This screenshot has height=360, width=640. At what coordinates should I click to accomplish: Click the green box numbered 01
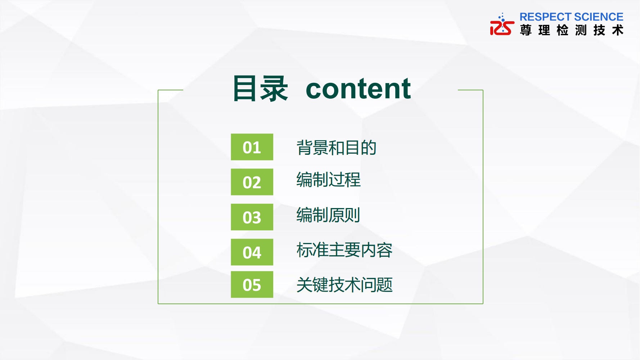click(x=252, y=147)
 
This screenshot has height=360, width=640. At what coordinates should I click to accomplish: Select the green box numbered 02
click(x=252, y=182)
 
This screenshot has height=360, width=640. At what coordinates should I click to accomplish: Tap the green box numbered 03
click(x=252, y=217)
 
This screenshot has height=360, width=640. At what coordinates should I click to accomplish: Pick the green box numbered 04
click(x=252, y=252)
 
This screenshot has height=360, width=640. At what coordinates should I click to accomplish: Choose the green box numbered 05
click(x=252, y=284)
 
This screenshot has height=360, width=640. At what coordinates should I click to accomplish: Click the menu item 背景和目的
click(x=337, y=148)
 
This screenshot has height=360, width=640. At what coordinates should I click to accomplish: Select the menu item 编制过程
click(x=328, y=180)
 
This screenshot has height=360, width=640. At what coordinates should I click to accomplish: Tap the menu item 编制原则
click(x=328, y=215)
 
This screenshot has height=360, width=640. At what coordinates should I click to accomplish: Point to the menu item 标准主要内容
click(x=344, y=250)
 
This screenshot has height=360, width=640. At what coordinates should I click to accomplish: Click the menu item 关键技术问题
click(x=344, y=285)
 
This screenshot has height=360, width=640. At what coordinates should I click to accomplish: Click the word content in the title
click(x=358, y=89)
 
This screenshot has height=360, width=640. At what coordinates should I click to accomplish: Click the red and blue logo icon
click(x=502, y=24)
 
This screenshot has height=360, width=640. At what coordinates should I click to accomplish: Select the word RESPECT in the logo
click(x=545, y=17)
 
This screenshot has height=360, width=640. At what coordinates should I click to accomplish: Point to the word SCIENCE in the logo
click(x=599, y=17)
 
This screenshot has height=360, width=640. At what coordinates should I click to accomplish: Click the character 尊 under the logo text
click(x=526, y=30)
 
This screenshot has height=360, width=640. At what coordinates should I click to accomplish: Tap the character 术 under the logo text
click(x=618, y=30)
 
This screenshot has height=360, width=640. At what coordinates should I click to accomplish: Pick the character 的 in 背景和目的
click(x=369, y=148)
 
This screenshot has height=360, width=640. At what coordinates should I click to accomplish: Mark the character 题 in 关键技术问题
click(x=384, y=285)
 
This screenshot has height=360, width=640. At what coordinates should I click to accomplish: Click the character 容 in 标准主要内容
click(x=384, y=250)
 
